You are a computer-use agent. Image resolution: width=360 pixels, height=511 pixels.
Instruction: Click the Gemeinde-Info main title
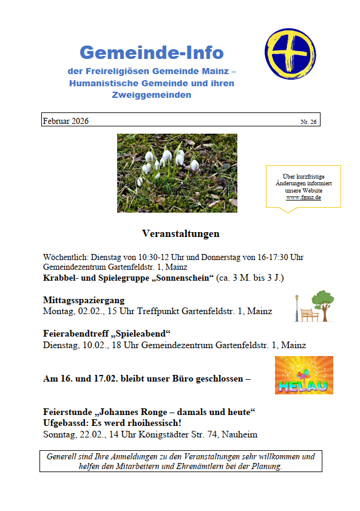click(152, 53)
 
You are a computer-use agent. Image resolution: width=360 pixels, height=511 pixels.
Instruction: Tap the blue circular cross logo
click(290, 53)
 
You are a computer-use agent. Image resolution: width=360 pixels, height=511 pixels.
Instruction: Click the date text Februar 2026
click(66, 121)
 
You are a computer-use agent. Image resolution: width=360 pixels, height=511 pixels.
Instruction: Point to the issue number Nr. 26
click(308, 122)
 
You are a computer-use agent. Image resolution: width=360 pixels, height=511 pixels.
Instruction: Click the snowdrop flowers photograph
click(177, 173)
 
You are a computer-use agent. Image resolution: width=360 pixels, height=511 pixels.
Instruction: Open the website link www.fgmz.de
click(304, 197)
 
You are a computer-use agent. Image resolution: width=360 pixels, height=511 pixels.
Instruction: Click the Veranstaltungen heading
click(180, 233)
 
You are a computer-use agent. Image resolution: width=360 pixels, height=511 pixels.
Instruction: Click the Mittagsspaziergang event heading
click(84, 300)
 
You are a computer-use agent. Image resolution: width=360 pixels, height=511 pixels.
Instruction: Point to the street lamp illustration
click(297, 307)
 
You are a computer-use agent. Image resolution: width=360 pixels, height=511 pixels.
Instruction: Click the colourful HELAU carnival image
click(304, 375)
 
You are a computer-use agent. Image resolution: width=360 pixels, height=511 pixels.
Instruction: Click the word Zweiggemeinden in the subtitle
click(151, 95)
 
